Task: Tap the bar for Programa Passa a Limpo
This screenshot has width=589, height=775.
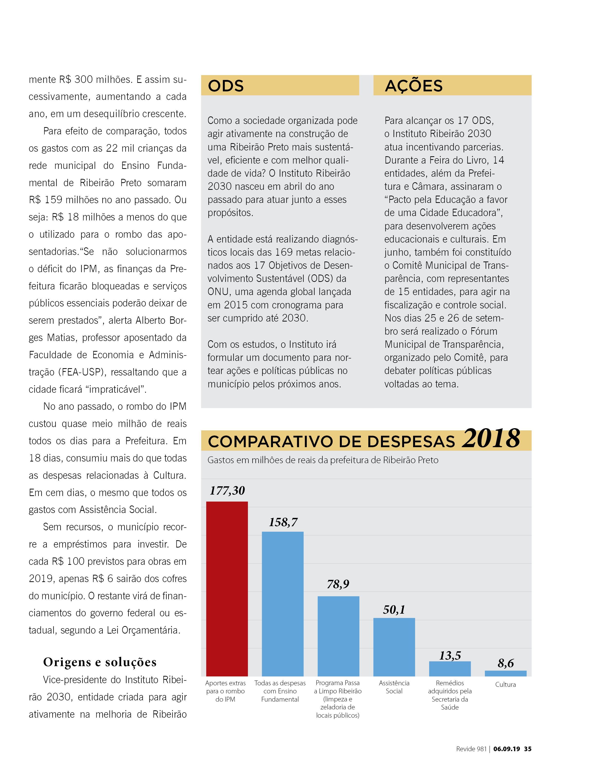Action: click(338, 636)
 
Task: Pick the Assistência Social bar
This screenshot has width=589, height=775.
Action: click(394, 647)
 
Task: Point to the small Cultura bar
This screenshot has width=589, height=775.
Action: click(506, 673)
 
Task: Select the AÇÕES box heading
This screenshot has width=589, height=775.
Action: click(414, 86)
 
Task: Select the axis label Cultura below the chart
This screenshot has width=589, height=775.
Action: click(506, 684)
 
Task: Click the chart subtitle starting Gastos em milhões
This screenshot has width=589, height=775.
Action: click(323, 460)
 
